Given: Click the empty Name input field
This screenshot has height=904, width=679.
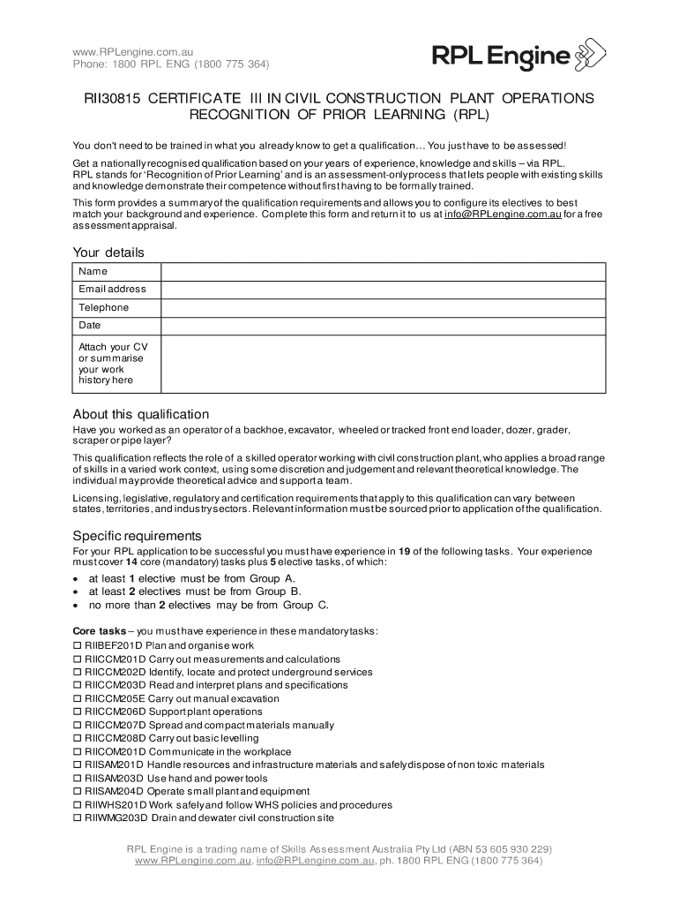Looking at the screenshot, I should coord(383,272).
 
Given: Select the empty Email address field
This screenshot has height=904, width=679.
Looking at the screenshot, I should coord(383,290).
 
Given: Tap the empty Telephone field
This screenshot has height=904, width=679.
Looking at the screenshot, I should coord(383,308).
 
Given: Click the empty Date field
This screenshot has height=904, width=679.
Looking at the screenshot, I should coord(383,326).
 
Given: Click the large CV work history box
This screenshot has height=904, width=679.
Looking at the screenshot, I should coord(383,363).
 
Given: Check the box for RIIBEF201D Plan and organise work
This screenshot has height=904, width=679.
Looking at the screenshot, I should coord(77,646).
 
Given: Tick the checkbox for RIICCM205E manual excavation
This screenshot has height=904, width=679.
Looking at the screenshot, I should coord(77,699).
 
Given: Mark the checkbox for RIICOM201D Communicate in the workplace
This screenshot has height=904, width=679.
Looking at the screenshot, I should coord(77,752).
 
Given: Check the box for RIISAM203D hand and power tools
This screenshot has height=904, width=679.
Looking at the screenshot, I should coord(77,779).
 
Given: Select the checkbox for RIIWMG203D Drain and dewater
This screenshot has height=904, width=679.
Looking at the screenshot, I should coord(77,818).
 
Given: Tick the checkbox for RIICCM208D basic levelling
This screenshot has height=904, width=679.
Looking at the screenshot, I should coord(77,739).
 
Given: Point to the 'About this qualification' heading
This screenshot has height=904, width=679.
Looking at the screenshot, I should coord(140,415).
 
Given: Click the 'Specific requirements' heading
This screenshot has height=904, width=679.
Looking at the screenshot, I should coord(137,536).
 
